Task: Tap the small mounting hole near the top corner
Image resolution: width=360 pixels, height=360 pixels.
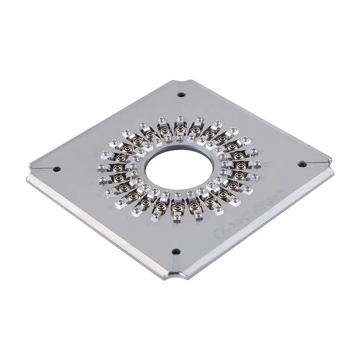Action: click(x=181, y=95)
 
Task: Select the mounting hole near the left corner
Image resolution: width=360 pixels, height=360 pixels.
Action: click(x=56, y=169)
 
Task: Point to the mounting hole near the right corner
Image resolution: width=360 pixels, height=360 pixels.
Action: click(x=302, y=164)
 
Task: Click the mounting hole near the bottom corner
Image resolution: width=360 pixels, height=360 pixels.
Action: click(x=175, y=251)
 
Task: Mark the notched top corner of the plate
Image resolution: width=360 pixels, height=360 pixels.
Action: click(x=185, y=81)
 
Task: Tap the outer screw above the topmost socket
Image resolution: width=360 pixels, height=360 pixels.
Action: click(x=180, y=118)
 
